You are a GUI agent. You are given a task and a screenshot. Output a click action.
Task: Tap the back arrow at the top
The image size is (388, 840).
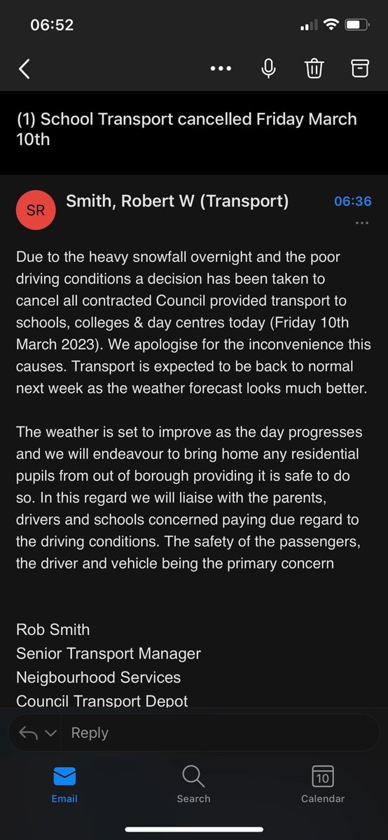[25, 69]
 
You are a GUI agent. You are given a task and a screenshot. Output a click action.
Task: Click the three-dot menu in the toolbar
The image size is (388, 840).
[221, 69]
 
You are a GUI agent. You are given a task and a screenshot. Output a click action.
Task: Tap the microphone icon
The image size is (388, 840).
[268, 68]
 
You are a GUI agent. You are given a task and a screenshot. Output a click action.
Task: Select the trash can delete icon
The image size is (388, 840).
[314, 68]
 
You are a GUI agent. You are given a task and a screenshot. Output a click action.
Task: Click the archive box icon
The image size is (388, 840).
[359, 68]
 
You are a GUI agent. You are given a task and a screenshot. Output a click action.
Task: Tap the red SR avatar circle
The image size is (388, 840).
[35, 210]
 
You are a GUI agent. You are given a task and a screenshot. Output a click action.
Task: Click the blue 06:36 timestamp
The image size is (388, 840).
[352, 202]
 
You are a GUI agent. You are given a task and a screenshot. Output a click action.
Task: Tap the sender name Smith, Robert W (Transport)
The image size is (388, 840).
[177, 202]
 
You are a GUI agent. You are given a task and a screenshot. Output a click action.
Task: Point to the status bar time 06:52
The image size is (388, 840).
[52, 24]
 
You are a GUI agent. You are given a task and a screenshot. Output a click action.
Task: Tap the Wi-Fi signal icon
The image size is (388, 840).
[330, 24]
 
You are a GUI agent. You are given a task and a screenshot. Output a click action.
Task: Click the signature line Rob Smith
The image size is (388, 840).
[53, 629]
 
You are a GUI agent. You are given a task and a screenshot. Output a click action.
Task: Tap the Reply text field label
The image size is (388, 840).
[90, 733]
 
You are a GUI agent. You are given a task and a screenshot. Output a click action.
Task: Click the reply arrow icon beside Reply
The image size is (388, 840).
[29, 733]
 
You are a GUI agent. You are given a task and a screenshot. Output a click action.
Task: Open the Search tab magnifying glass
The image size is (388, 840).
[193, 776]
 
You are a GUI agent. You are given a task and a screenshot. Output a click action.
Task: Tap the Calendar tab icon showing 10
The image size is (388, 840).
[323, 776]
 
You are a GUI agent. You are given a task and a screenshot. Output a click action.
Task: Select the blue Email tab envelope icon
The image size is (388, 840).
[64, 776]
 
